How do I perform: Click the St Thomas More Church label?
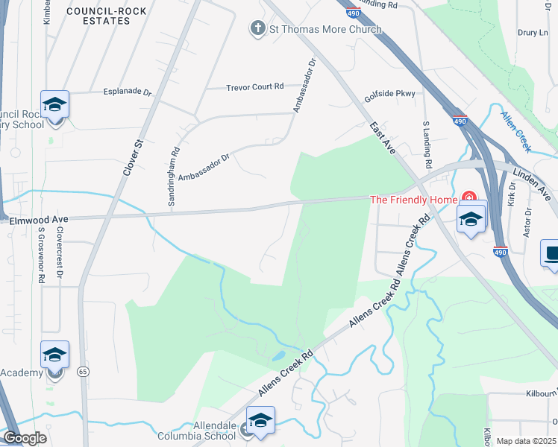tap(325, 29)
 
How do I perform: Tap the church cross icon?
tap(258, 29)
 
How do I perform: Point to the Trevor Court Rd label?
tap(255, 87)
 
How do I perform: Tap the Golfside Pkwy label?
tap(389, 95)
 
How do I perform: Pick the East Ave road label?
tap(383, 139)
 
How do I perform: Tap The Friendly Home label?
tap(414, 199)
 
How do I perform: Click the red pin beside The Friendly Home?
tap(468, 198)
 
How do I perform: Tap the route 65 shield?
tap(82, 370)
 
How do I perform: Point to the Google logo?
tap(25, 439)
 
